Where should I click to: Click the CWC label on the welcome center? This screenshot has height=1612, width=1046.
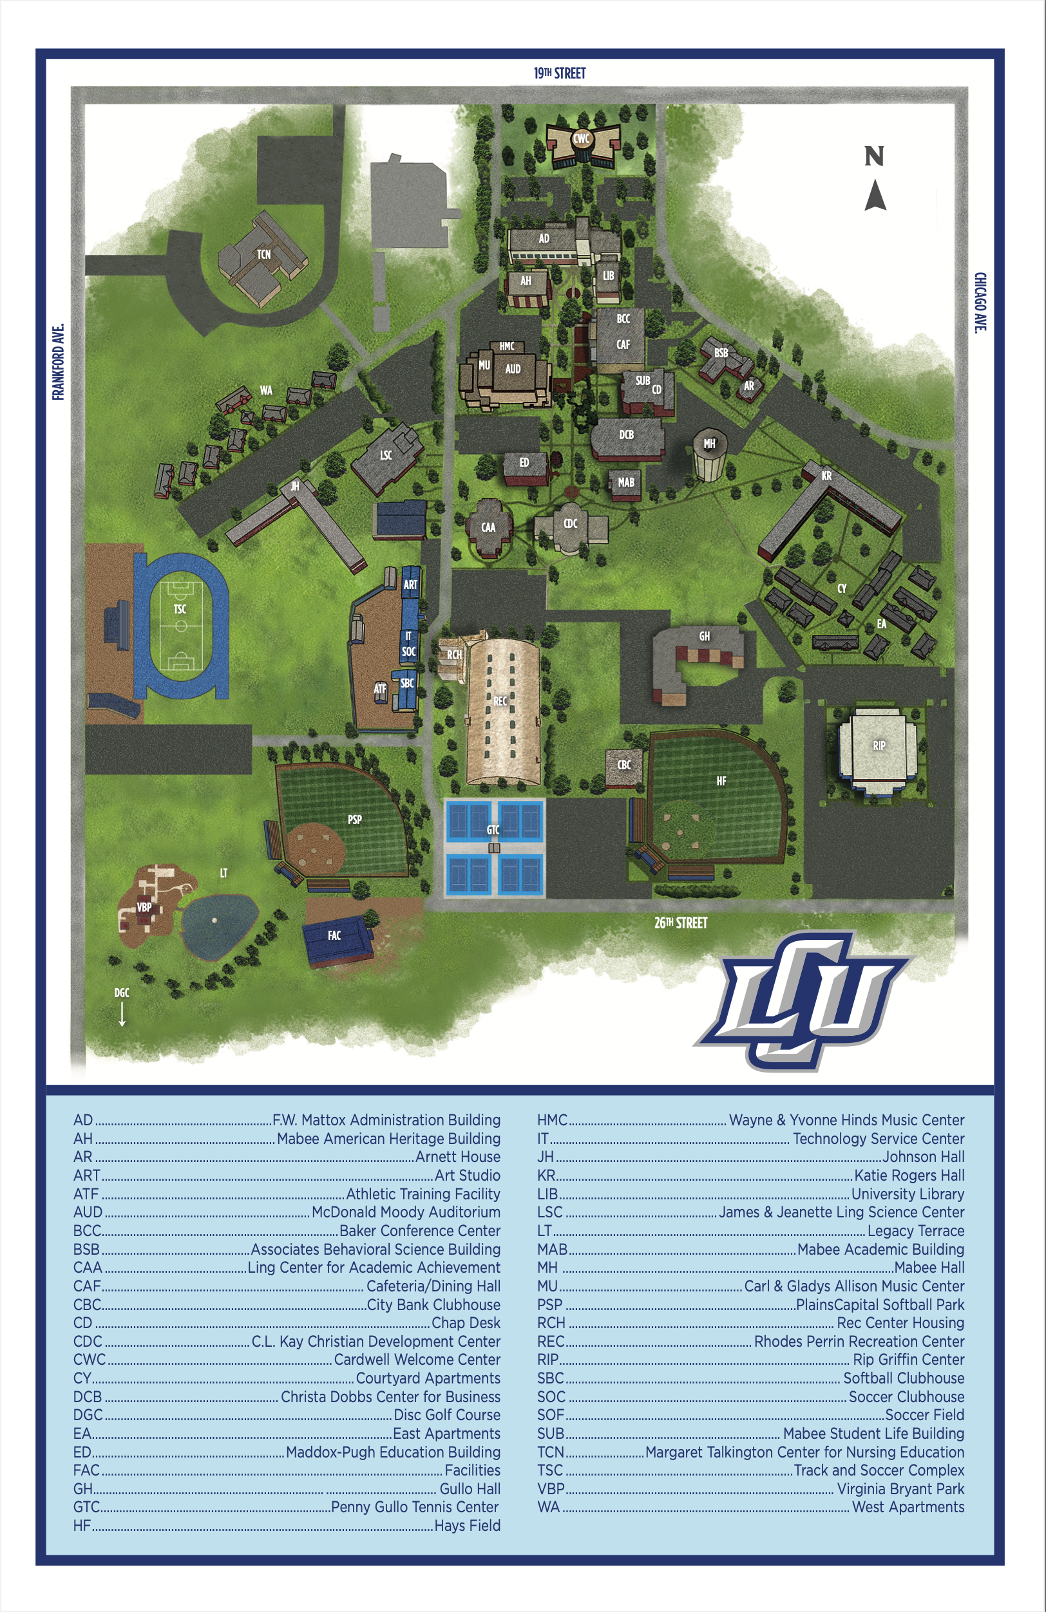581,139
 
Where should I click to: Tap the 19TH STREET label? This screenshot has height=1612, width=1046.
560,73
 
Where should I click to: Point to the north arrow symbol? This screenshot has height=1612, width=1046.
875,194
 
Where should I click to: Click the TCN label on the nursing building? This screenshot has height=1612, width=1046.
263,255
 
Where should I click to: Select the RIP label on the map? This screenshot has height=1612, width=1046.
879,745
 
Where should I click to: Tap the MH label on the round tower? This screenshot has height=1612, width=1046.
709,444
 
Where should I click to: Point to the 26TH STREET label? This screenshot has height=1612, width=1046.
680,923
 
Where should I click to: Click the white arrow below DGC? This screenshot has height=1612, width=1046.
122,1014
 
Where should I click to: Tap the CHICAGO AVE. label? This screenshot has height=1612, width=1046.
980,302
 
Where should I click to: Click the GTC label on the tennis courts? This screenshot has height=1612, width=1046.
493,830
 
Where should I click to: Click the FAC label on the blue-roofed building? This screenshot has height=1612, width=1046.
334,935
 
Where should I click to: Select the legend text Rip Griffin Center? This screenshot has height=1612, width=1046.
908,1360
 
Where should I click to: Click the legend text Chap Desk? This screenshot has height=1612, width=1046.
466,1323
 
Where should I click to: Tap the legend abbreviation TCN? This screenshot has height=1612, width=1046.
550,1452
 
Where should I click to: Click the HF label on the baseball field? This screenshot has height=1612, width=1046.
721,781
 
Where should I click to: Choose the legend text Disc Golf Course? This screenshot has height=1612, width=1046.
446,1415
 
